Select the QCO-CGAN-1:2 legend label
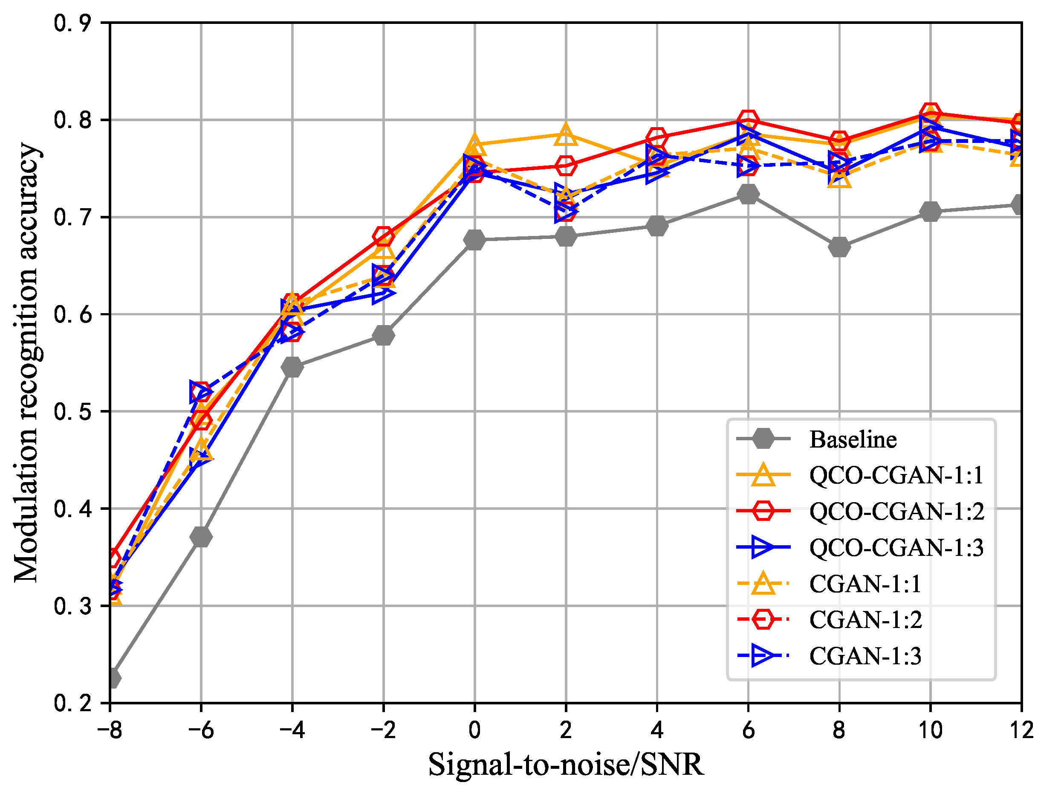[x=896, y=512]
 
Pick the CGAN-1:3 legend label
[x=865, y=656]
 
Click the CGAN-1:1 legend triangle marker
[x=763, y=584]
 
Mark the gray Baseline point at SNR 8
[x=839, y=247]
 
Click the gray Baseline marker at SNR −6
[x=201, y=537]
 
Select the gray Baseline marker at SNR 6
[x=748, y=194]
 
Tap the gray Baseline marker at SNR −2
[x=383, y=335]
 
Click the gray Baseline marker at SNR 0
[x=474, y=240]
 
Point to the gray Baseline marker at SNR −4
[x=292, y=367]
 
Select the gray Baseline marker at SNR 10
[x=930, y=211]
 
